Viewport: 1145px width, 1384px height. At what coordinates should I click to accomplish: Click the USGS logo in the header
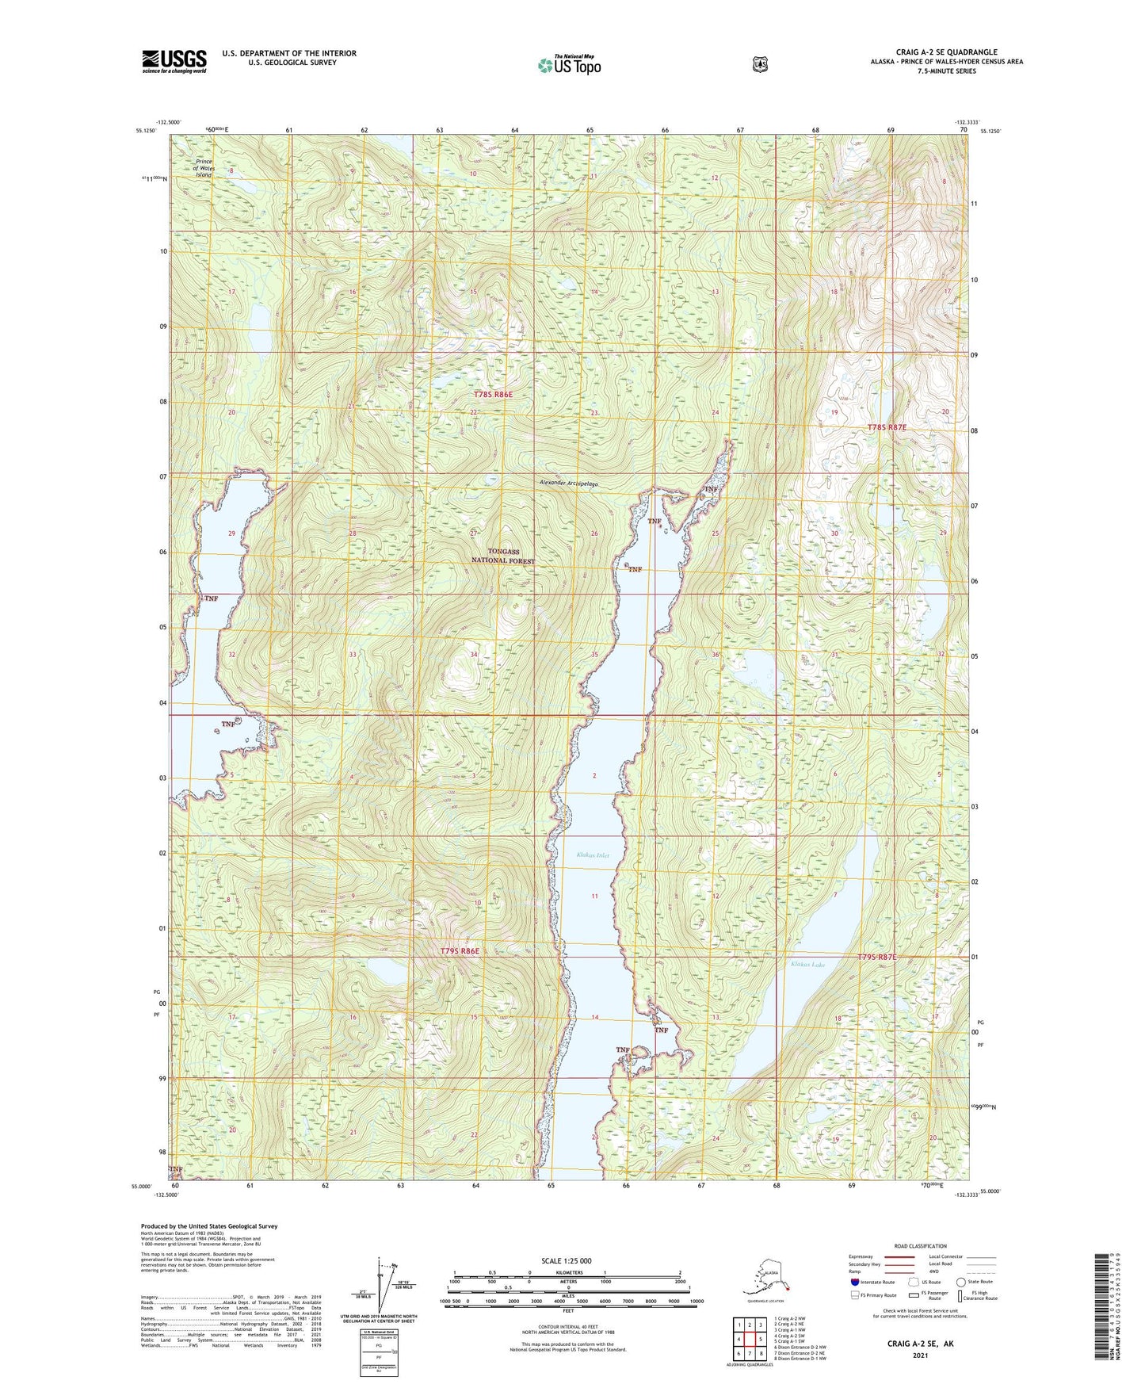[x=174, y=61]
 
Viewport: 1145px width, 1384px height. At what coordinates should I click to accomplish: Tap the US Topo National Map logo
[x=569, y=65]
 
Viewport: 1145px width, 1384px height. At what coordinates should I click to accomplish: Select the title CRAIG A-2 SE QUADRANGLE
[x=946, y=52]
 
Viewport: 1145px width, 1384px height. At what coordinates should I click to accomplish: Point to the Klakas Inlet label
[x=593, y=855]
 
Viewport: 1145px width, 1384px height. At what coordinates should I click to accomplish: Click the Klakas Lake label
[x=807, y=965]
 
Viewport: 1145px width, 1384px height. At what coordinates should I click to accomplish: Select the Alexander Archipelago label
[x=568, y=483]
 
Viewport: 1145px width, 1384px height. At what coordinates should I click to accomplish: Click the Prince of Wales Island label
[x=204, y=168]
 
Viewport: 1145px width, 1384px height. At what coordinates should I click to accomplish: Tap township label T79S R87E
[x=877, y=958]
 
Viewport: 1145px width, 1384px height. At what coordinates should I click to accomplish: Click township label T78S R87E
[x=887, y=427]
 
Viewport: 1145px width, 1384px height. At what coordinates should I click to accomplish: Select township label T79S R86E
[x=460, y=950]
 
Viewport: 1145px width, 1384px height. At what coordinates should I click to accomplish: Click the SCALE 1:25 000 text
[x=567, y=1260]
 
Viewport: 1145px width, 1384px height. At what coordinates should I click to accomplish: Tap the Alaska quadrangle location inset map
[x=761, y=1279]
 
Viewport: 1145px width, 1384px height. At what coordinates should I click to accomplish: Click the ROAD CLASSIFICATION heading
[x=920, y=1246]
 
